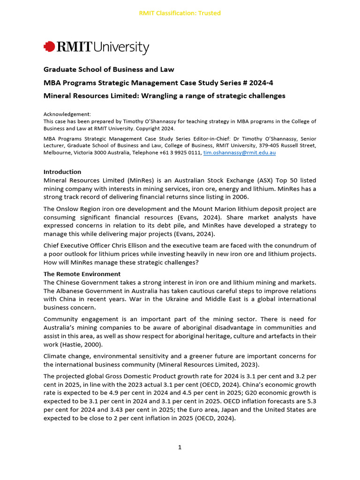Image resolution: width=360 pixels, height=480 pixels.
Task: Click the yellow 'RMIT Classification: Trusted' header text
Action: click(x=180, y=13)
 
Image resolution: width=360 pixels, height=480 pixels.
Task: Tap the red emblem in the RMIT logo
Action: click(x=49, y=47)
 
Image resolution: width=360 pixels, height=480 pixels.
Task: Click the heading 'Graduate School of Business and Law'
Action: click(x=109, y=69)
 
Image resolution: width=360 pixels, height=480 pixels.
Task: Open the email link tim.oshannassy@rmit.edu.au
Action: click(x=239, y=153)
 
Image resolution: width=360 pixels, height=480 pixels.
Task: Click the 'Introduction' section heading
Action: click(x=62, y=172)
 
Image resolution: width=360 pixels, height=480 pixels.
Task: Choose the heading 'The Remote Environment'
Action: click(x=82, y=274)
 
